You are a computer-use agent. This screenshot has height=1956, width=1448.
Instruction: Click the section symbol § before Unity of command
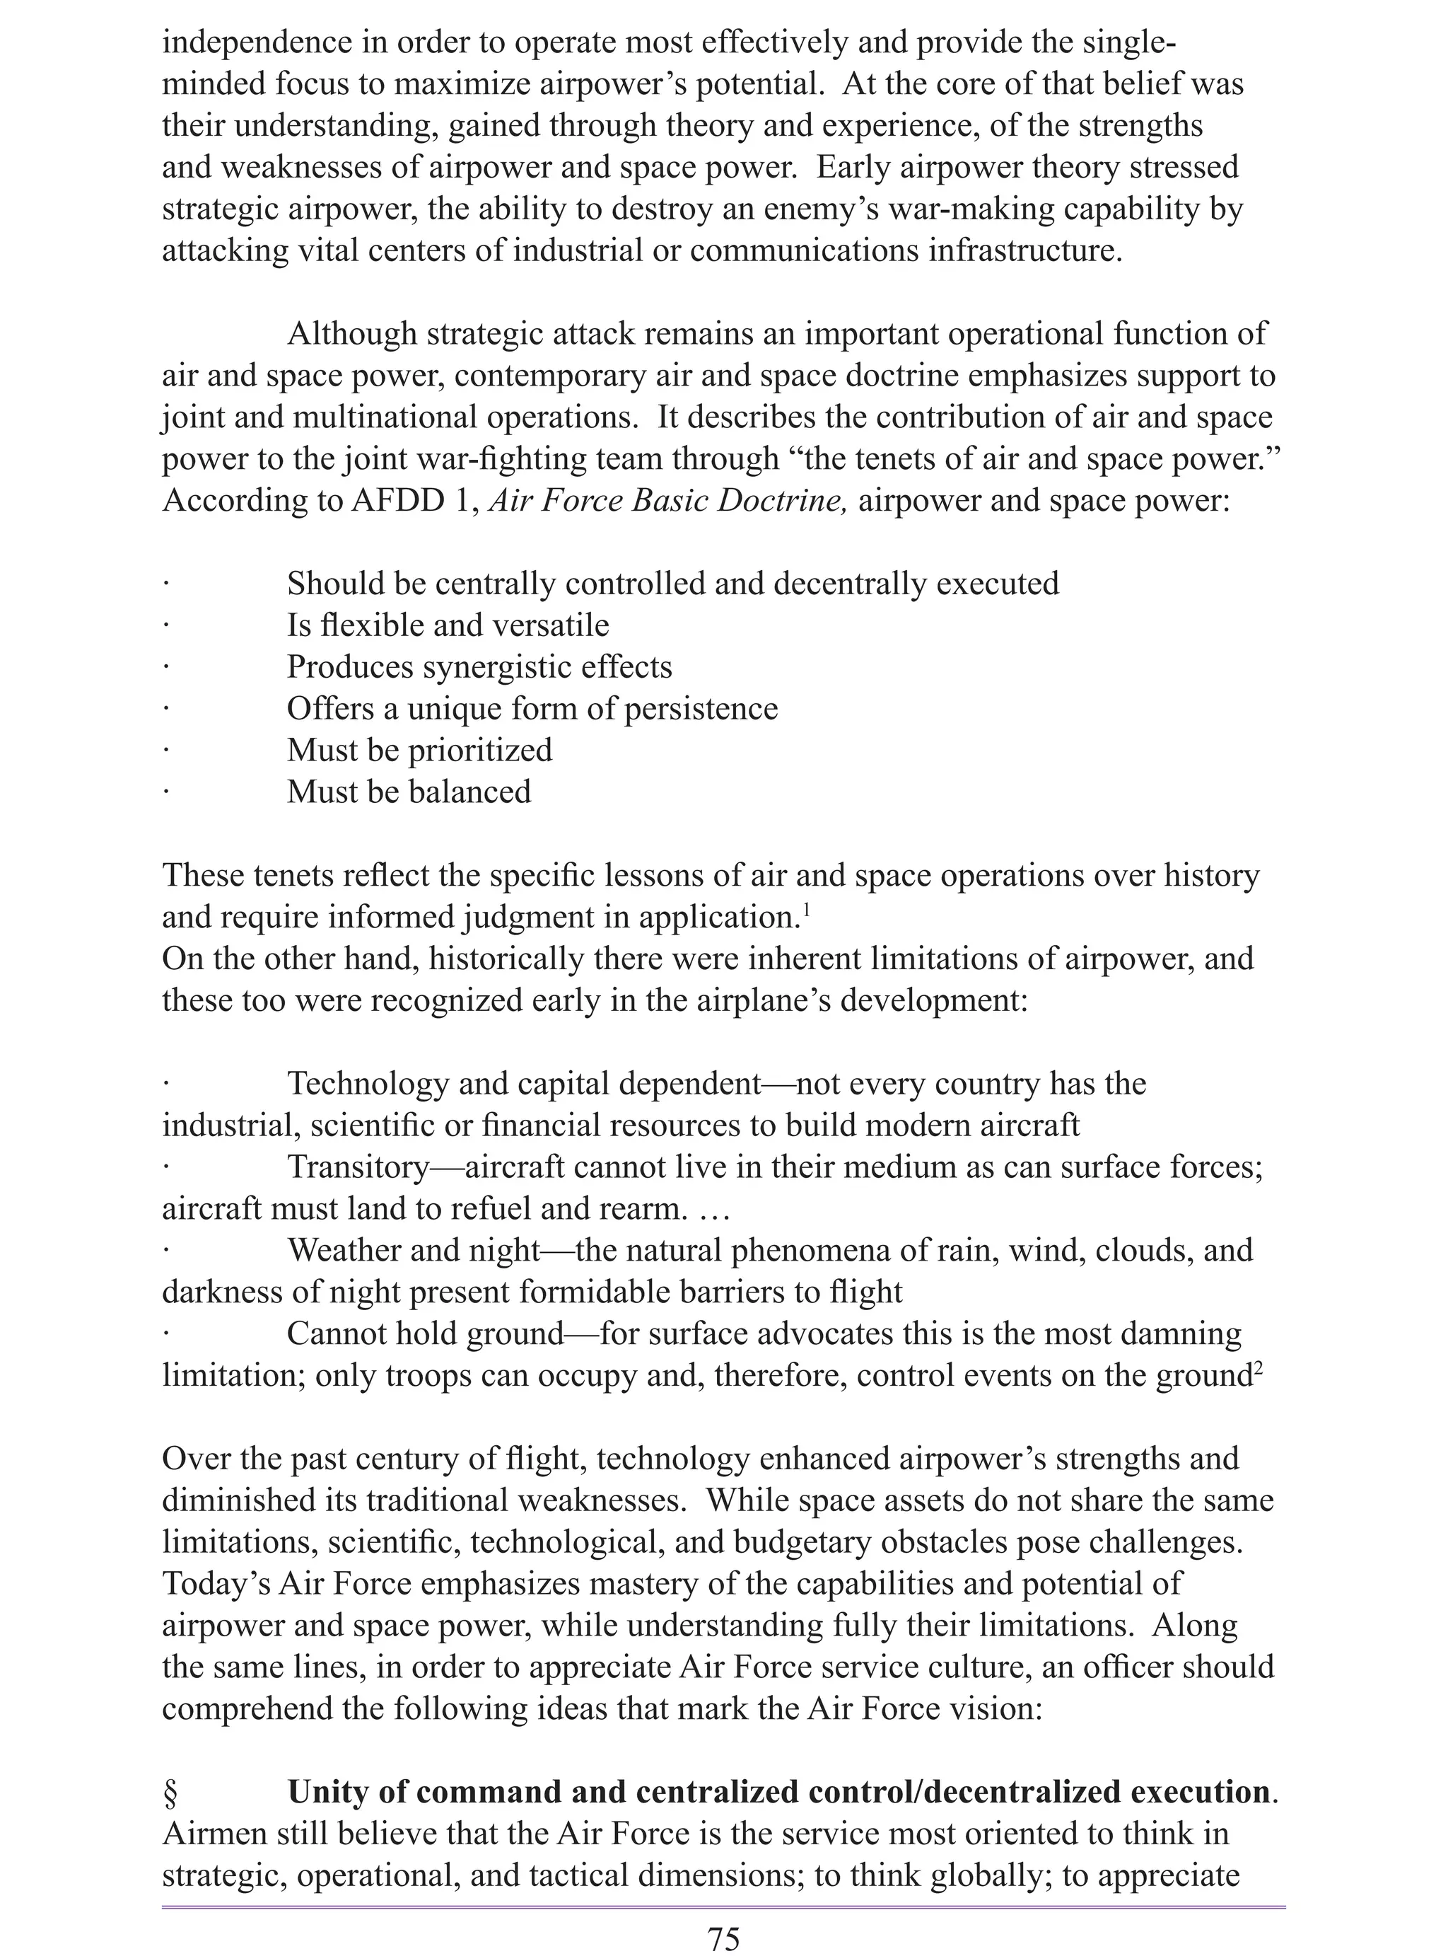(x=171, y=1792)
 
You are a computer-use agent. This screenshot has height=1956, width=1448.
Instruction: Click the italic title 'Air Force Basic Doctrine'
(x=667, y=501)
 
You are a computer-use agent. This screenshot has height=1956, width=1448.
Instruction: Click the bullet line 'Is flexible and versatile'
(x=448, y=625)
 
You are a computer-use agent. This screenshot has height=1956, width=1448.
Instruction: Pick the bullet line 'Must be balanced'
(x=409, y=792)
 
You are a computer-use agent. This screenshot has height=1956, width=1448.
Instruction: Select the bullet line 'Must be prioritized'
(x=420, y=751)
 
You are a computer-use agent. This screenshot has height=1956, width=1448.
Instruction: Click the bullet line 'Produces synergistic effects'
(x=479, y=667)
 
